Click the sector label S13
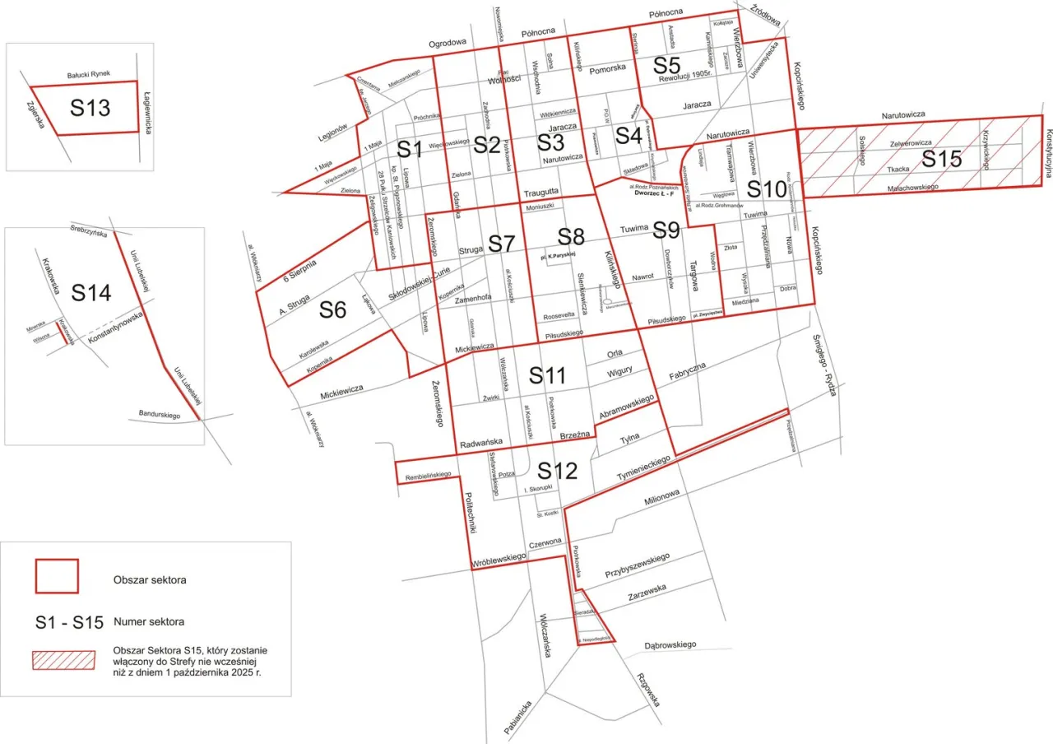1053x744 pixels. pyautogui.click(x=90, y=108)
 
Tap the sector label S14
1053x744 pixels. pyautogui.click(x=90, y=292)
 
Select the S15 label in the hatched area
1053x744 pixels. pyautogui.click(x=941, y=159)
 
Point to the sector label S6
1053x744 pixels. pyautogui.click(x=332, y=310)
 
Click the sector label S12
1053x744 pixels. pyautogui.click(x=558, y=471)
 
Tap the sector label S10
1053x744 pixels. pyautogui.click(x=763, y=188)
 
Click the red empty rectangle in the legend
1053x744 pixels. pyautogui.click(x=57, y=576)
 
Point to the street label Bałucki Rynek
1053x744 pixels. pyautogui.click(x=95, y=75)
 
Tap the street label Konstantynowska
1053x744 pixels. pyautogui.click(x=116, y=326)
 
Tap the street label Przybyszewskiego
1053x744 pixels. pyautogui.click(x=634, y=565)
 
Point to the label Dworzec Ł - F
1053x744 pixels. pyautogui.click(x=654, y=194)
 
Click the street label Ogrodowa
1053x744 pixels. pyautogui.click(x=448, y=43)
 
